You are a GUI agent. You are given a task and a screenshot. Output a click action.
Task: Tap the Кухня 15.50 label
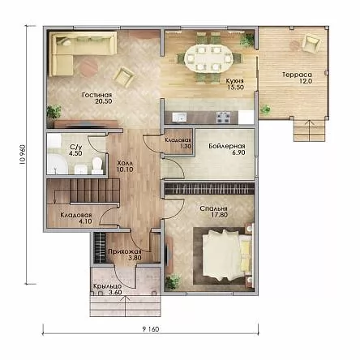coord(235,84)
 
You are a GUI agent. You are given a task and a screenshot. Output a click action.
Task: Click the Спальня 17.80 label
coord(214,212)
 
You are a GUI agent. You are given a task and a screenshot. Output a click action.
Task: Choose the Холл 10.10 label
coord(125,166)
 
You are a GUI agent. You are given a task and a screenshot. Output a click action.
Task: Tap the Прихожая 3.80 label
coord(125,255)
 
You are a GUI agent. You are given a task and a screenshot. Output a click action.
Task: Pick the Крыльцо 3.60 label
coord(108,289)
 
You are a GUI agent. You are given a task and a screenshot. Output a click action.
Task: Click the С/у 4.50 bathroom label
coord(75,150)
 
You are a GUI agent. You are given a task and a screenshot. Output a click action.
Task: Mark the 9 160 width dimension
coord(151,329)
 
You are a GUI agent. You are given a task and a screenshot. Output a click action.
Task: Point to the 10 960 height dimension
coord(23,155)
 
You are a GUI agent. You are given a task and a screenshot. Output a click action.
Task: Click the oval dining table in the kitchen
coord(208,58)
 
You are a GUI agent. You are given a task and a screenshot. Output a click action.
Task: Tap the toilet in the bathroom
coord(96,165)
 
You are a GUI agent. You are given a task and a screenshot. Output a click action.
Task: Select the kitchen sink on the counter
coord(179,118)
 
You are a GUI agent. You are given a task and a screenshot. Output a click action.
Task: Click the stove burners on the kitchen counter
coord(223,117)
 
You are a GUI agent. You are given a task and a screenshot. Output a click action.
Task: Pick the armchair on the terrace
coord(311,43)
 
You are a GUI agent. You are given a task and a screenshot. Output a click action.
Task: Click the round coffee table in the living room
coord(88,67)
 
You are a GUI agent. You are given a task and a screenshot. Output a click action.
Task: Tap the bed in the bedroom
coord(227,255)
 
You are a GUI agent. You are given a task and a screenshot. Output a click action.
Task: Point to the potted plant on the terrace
coord(265,109)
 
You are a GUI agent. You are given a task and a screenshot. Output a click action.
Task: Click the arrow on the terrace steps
coord(309,131)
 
